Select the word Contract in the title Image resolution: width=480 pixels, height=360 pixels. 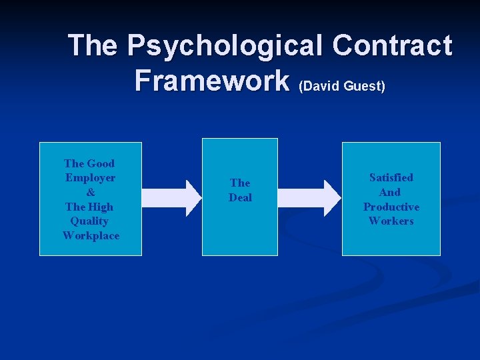392,46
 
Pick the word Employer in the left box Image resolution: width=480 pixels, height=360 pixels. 90,178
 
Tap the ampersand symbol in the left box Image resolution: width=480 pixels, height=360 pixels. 90,192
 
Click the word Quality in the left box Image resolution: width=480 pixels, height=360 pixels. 89,221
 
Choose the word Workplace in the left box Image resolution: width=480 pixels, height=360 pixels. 91,235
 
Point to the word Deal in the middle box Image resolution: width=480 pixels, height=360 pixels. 240,197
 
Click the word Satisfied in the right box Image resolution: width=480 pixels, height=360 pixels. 391,177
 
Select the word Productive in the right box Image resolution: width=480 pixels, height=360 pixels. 391,207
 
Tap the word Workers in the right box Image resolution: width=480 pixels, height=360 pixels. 391,221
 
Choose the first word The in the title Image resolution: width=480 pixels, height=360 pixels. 95,46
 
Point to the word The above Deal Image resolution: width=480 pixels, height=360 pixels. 240,183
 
